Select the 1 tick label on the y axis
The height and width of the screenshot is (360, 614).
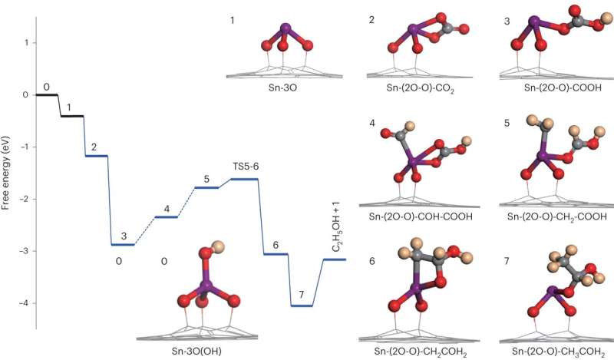pos(25,43)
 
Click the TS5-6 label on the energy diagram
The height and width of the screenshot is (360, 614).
pos(246,166)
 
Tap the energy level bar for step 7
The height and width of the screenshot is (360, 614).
pos(302,306)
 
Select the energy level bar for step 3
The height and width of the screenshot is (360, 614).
pos(123,245)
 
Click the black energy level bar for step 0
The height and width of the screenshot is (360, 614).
pos(48,95)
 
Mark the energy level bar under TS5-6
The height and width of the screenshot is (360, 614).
pos(244,179)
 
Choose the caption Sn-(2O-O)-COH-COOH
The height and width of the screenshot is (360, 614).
pos(420,217)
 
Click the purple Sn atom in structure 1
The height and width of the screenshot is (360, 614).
pos(284,30)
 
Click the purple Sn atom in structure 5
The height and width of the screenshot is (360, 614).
pos(543,157)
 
